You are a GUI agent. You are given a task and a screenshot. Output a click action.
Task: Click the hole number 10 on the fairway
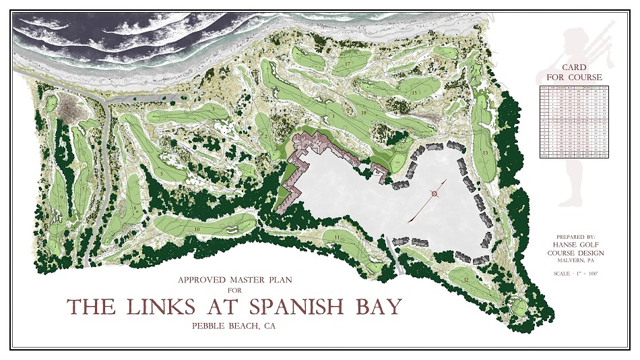coord(197,229)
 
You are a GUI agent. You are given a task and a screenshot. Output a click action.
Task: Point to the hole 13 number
coord(485,153)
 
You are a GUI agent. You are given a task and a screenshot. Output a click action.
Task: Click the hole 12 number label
coord(466,278)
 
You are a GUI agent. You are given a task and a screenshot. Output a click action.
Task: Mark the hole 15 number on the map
coord(415,91)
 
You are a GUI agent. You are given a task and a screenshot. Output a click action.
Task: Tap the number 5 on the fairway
coord(162,173)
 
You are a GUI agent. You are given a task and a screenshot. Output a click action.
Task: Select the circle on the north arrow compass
coord(435,195)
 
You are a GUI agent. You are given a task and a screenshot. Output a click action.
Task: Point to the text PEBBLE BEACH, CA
coord(234,327)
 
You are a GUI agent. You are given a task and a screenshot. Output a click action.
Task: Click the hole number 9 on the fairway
coord(62,197)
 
